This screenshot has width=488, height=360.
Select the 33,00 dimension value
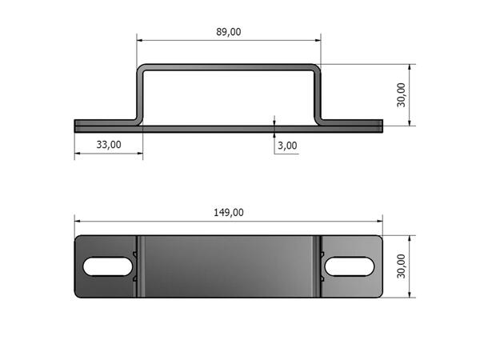(x=109, y=145)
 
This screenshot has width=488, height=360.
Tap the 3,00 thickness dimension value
(x=287, y=146)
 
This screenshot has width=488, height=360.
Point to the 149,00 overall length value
(x=228, y=212)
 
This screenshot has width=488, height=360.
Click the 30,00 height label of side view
(x=402, y=94)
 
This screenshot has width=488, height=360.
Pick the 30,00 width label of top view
(x=402, y=266)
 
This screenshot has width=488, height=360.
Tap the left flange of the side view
(x=104, y=125)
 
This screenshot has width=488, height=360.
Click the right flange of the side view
(x=352, y=125)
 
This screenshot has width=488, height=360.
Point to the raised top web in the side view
(x=228, y=68)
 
